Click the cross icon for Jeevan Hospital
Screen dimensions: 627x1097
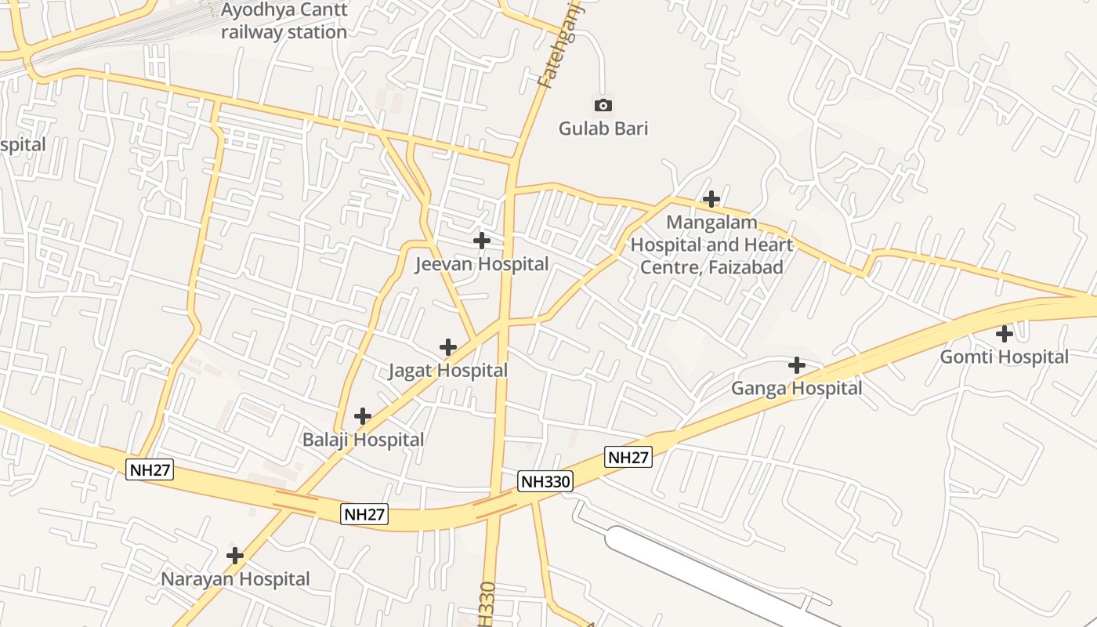coord(482,241)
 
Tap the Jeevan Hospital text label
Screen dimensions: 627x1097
coord(481,264)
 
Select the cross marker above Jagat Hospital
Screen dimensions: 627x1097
coord(448,346)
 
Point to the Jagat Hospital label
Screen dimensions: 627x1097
coord(448,371)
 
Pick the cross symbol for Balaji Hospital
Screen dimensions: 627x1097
coord(363,415)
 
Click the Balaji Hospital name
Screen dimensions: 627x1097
coord(363,440)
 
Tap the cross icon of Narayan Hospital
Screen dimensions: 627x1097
coord(235,556)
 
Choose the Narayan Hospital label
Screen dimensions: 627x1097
coord(235,579)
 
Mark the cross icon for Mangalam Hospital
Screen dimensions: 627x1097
coord(711,199)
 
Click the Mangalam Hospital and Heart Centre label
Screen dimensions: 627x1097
coord(711,245)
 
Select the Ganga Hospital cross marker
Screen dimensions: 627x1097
coord(797,365)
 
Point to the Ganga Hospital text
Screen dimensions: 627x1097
coord(796,389)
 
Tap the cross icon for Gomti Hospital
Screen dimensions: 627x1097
coord(1005,334)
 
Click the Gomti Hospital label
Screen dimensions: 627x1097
coord(1004,357)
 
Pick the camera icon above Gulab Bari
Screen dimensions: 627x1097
coord(603,105)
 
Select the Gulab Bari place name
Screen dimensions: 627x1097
coord(603,129)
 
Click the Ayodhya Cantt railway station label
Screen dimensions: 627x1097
coord(284,21)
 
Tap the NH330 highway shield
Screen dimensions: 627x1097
coord(545,481)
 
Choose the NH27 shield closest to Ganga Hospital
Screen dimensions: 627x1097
coord(628,457)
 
